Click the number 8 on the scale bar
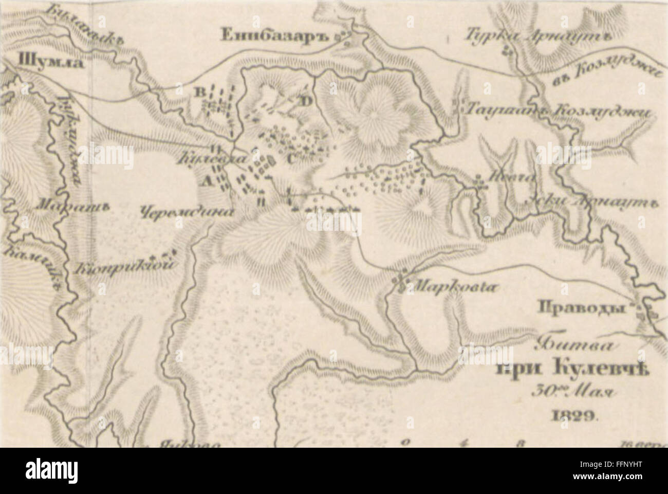(521, 442)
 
